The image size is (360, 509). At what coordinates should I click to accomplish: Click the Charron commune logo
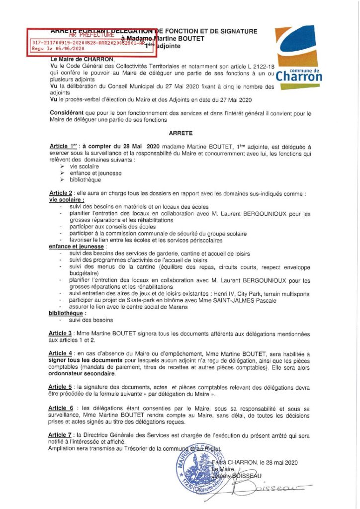point(298,57)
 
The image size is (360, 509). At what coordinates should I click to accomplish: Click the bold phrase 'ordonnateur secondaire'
point(84,373)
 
